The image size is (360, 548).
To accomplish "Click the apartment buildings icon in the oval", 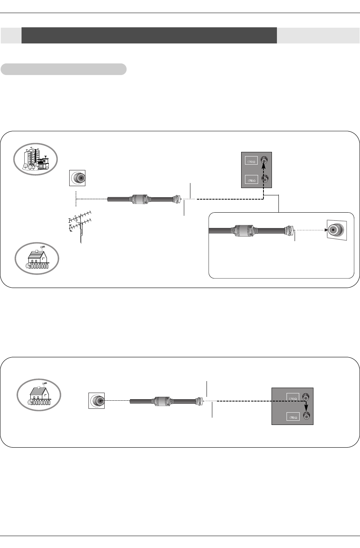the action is (35, 159).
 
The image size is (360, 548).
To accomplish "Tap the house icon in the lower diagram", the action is (39, 394).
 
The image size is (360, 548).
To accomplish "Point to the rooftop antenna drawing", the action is (79, 225).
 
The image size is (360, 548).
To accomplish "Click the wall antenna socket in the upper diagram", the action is (77, 178).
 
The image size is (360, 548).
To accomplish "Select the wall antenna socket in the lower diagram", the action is (97, 400).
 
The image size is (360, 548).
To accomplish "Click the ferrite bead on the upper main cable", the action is (140, 199).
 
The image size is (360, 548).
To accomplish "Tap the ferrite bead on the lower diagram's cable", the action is (162, 400).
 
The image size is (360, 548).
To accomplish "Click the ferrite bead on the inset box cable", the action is (242, 231).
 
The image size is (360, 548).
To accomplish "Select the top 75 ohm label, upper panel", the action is (252, 162).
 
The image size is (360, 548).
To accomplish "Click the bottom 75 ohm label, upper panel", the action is (252, 180).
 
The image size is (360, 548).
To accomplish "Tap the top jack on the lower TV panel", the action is (306, 396).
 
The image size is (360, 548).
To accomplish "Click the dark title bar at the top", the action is (149, 35).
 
